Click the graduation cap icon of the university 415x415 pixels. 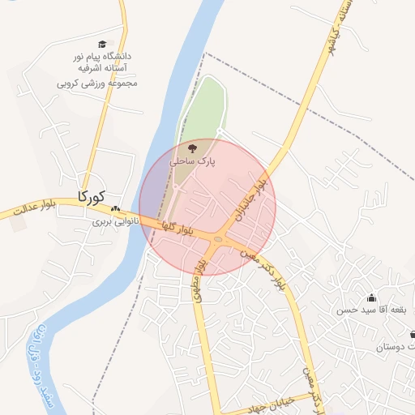click(x=102, y=45)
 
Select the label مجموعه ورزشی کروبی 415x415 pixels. click(x=96, y=82)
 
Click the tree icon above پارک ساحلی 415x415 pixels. click(x=192, y=149)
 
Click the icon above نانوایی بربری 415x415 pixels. click(x=115, y=208)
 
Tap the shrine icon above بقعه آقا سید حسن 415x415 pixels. click(x=371, y=297)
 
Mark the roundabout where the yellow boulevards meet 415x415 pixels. click(x=218, y=238)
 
